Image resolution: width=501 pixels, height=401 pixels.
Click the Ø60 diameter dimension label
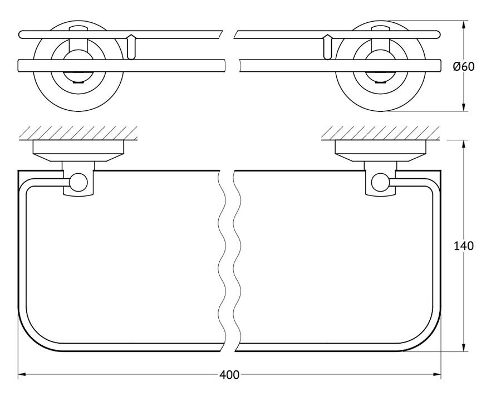[464, 66]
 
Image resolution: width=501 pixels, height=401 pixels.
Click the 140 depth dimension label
[464, 246]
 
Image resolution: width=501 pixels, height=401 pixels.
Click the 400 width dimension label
[229, 375]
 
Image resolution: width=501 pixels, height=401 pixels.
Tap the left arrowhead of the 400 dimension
[22, 374]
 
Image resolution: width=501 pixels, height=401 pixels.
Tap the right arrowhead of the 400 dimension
[437, 374]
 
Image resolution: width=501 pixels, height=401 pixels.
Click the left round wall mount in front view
[78, 66]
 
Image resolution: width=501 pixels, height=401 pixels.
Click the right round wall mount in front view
[380, 66]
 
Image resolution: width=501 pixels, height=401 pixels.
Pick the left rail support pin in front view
[131, 47]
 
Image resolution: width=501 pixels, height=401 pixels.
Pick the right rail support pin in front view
[327, 47]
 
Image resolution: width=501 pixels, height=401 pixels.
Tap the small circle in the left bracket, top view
[78, 182]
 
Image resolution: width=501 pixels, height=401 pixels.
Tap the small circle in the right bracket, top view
[380, 182]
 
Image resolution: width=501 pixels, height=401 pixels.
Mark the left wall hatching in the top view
[78, 133]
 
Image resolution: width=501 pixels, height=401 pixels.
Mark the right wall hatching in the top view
[380, 133]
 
